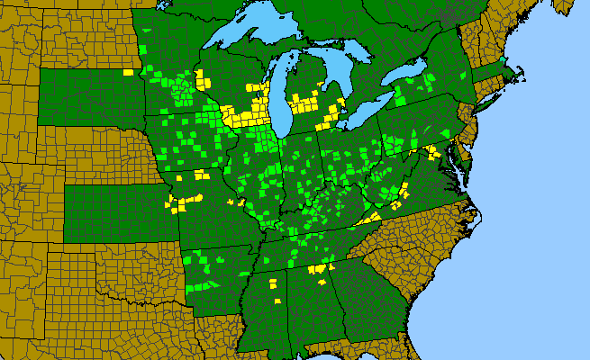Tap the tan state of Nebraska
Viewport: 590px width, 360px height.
tap(90, 153)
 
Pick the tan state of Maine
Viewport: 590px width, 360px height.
tap(540, 18)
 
